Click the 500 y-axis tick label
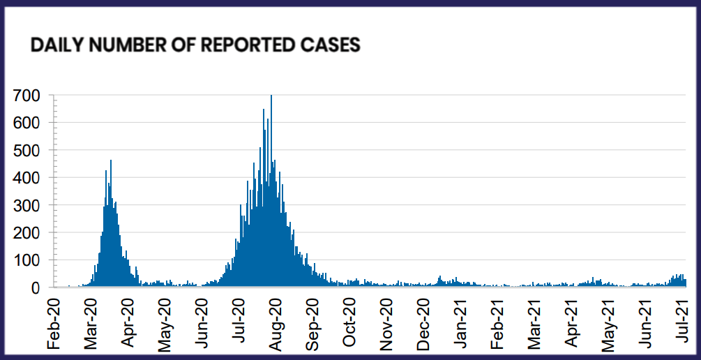click(30, 150)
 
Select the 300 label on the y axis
click(30, 205)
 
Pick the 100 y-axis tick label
click(30, 260)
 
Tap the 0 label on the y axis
click(40, 287)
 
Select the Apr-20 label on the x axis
click(129, 320)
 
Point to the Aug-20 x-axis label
click(276, 320)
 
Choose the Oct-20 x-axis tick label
click(350, 320)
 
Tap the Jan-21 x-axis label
click(461, 320)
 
